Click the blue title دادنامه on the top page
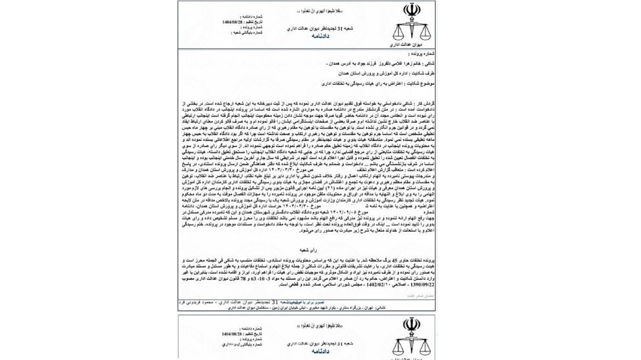(x=319, y=36)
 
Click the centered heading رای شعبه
(x=307, y=249)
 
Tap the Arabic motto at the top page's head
(x=306, y=12)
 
